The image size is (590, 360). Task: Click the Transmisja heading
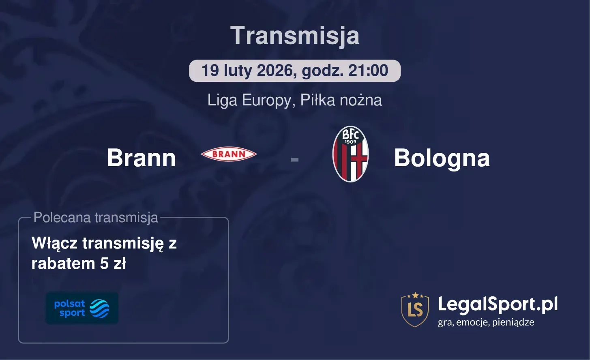295,36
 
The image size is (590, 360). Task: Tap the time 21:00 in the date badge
368,71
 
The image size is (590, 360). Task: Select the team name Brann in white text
141,158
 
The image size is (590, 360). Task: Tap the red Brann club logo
229,154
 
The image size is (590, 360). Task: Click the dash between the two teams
294,159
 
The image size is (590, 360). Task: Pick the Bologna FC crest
350,154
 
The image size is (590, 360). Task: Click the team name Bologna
442,158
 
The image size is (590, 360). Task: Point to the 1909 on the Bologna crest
350,142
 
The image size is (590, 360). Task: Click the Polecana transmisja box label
96,217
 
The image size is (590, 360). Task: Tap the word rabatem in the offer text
63,264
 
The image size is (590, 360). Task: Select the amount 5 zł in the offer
113,264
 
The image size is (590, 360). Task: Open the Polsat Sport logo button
82,308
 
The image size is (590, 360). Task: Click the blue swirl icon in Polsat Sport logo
99,309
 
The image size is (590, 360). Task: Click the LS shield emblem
415,309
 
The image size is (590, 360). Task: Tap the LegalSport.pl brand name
498,304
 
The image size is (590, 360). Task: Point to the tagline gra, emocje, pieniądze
486,322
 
